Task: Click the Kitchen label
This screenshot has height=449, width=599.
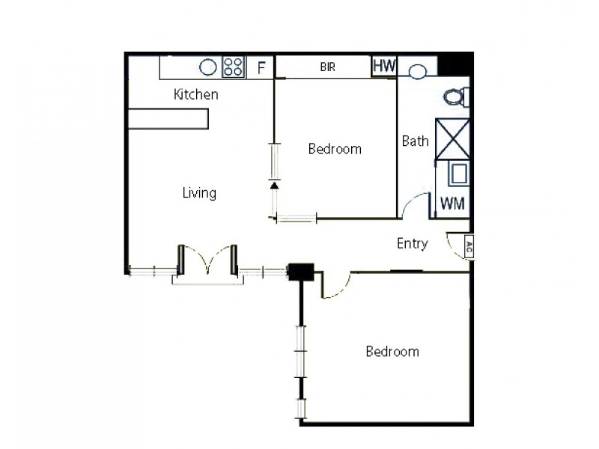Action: pyautogui.click(x=196, y=95)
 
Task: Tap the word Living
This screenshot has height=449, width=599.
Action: pyautogui.click(x=199, y=193)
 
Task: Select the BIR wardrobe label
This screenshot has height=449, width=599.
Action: pyautogui.click(x=327, y=67)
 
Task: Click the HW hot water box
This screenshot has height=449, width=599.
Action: pyautogui.click(x=384, y=66)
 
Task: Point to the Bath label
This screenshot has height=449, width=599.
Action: pyautogui.click(x=415, y=141)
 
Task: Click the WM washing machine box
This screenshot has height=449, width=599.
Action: pyautogui.click(x=451, y=204)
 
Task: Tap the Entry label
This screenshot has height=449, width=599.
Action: pyautogui.click(x=412, y=243)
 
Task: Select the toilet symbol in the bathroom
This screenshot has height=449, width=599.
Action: pyautogui.click(x=455, y=97)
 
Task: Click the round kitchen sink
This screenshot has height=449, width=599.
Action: pyautogui.click(x=208, y=67)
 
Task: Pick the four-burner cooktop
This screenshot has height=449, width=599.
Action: pyautogui.click(x=234, y=67)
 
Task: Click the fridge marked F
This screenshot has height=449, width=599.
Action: pyautogui.click(x=261, y=68)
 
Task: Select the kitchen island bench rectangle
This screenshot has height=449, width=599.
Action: pyautogui.click(x=168, y=119)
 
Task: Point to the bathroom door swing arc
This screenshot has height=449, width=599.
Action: pyautogui.click(x=414, y=205)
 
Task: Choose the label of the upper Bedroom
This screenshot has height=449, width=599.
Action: pyautogui.click(x=335, y=149)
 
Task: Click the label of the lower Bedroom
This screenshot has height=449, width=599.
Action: pyautogui.click(x=392, y=352)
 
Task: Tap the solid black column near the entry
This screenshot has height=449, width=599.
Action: pyautogui.click(x=302, y=272)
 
